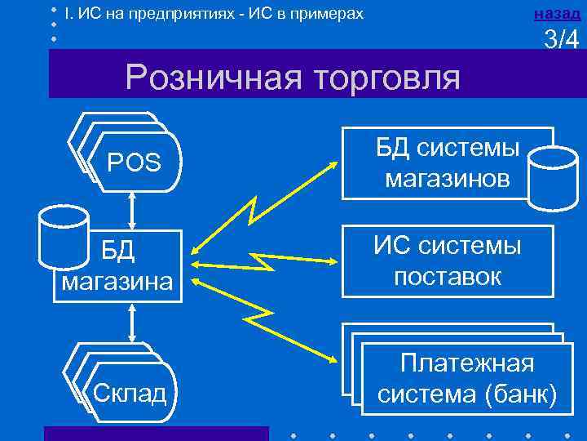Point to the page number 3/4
(x=561, y=40)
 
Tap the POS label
(x=134, y=163)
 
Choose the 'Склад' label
(x=130, y=393)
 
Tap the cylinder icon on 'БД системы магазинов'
(x=550, y=180)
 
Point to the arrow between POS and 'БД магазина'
(x=131, y=213)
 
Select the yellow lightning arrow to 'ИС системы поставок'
(x=266, y=263)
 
